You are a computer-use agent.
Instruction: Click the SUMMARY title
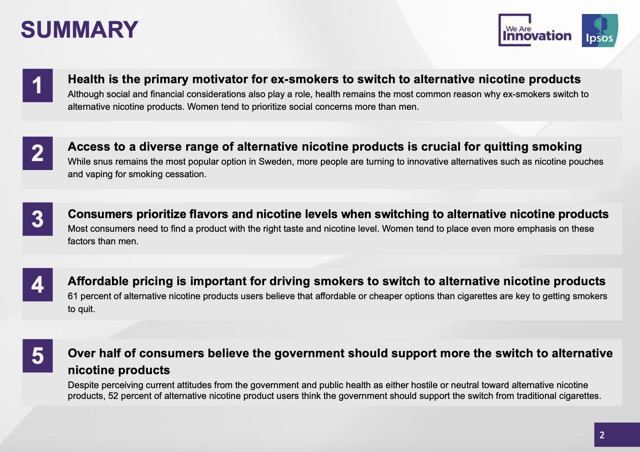pos(79,29)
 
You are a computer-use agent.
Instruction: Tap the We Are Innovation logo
pos(535,30)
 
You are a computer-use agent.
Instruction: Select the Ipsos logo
pos(600,30)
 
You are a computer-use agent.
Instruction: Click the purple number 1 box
pos(38,85)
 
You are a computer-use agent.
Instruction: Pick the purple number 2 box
pos(38,153)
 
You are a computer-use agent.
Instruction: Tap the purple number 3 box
pos(38,219)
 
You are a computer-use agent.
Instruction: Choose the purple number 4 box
pos(38,285)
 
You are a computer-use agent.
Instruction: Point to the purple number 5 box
pos(38,356)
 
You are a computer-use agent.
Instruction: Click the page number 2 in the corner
pos(602,435)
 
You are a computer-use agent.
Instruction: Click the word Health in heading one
pos(86,79)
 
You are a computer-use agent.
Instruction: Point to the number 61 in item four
pos(72,296)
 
